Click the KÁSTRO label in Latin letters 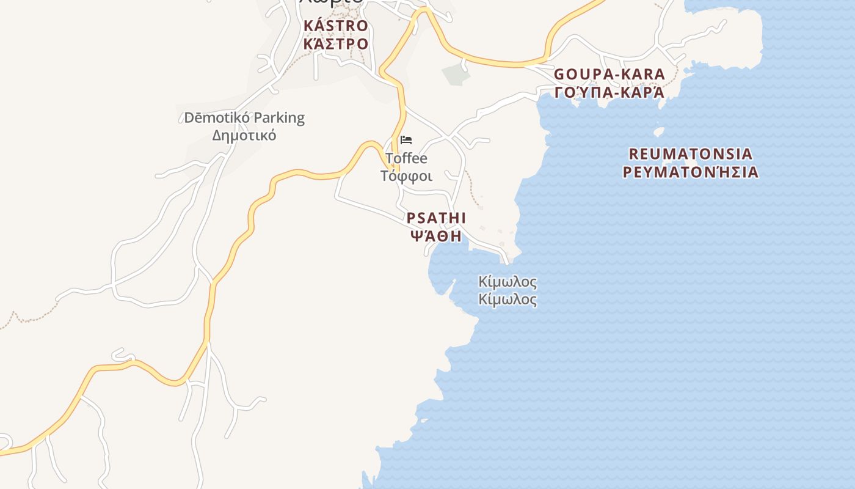pyautogui.click(x=336, y=26)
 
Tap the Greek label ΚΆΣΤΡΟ pyautogui.click(x=336, y=44)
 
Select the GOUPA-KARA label pyautogui.click(x=609, y=75)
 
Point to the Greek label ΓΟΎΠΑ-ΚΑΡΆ pyautogui.click(x=609, y=92)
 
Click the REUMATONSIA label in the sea pyautogui.click(x=690, y=153)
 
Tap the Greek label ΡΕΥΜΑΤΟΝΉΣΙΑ pyautogui.click(x=690, y=172)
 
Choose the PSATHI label pyautogui.click(x=436, y=218)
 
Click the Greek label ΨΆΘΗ pyautogui.click(x=436, y=236)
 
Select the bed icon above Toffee pyautogui.click(x=406, y=140)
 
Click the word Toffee pyautogui.click(x=406, y=158)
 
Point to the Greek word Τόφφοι pyautogui.click(x=406, y=176)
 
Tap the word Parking pyautogui.click(x=278, y=117)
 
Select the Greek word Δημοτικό pyautogui.click(x=244, y=135)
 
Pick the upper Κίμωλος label pyautogui.click(x=508, y=282)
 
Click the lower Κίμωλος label pyautogui.click(x=508, y=300)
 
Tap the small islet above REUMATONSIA pyautogui.click(x=658, y=131)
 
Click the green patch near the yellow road pyautogui.click(x=453, y=75)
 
